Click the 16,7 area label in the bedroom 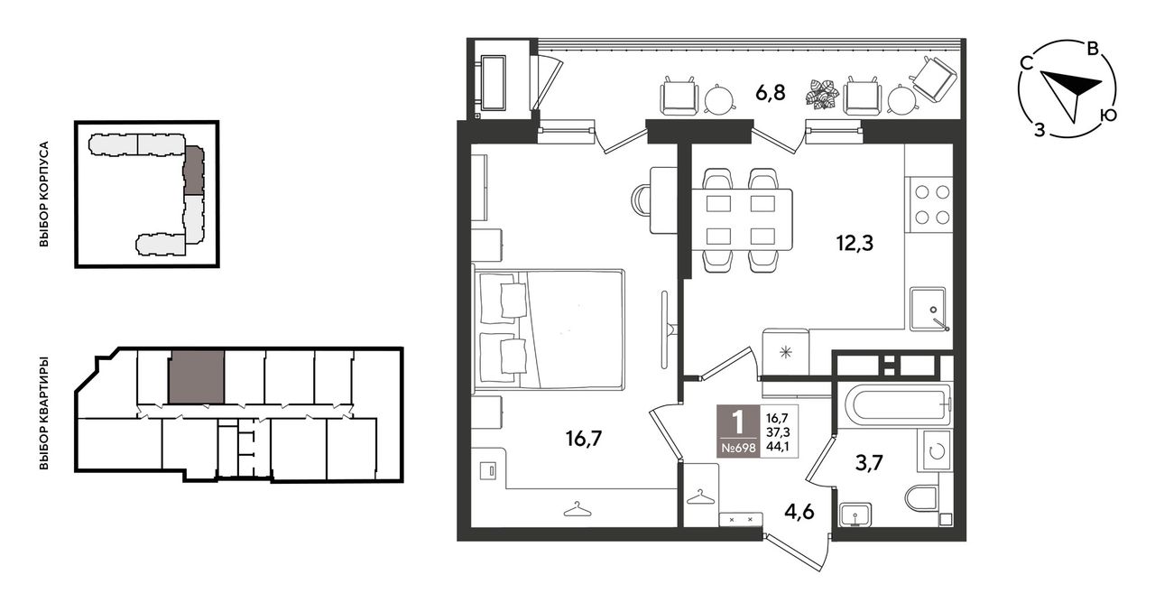point(584,439)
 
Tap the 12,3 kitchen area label point(855,243)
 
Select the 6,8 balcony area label point(771,93)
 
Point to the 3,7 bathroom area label point(869,462)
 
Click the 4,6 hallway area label point(799,512)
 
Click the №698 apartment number point(738,448)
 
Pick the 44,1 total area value point(778,447)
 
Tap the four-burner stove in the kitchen point(932,205)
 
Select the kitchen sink point(929,309)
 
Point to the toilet point(923,497)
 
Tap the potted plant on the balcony point(822,94)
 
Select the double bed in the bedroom point(549,329)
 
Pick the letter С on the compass point(1026,63)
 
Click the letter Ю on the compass point(1107,115)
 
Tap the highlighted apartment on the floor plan point(197,377)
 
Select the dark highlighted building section point(194,171)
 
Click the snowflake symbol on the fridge point(785,353)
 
